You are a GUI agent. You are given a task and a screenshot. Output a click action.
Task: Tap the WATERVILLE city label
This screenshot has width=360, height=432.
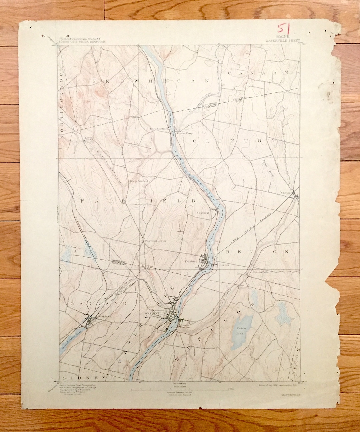[155, 314]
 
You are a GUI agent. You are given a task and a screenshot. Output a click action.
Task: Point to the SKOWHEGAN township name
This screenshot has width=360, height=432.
[150, 81]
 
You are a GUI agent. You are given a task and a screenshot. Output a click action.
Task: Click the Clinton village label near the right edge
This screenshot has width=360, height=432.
[286, 192]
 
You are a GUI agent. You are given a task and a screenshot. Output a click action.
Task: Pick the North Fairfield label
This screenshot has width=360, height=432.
[139, 181]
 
